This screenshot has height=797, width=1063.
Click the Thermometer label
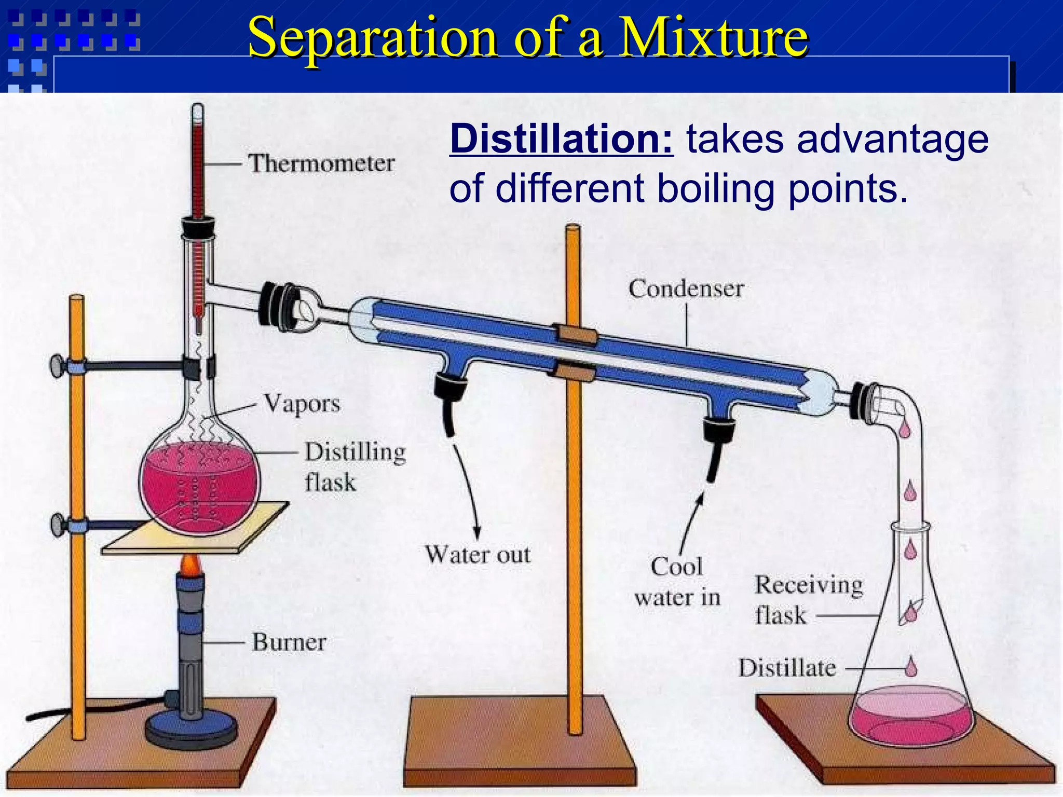[x=321, y=163]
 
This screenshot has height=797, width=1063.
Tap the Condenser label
[x=686, y=288]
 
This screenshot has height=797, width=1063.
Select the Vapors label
[x=302, y=404]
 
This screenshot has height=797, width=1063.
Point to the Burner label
[x=289, y=642]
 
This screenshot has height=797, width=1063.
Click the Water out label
[x=478, y=555]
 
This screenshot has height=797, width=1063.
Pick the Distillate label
[x=787, y=668]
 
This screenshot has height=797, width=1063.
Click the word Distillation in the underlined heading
[x=562, y=139]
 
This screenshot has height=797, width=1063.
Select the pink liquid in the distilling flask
[x=200, y=493]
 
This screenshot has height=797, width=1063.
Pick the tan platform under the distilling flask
[x=171, y=542]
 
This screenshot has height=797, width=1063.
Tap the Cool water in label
[x=677, y=582]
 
